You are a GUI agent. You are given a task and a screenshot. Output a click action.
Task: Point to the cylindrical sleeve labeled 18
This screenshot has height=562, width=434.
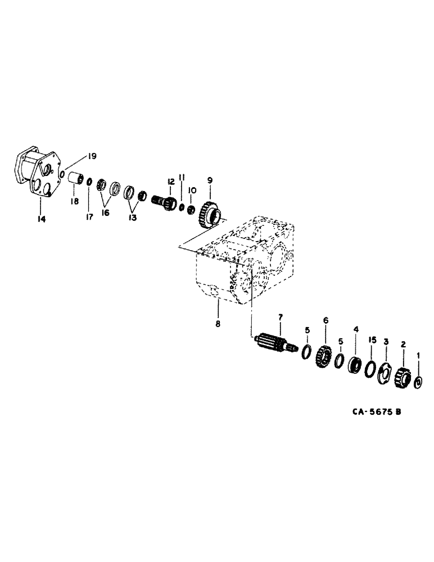[75, 179]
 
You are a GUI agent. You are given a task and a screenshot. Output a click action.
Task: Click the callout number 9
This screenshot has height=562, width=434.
[210, 180]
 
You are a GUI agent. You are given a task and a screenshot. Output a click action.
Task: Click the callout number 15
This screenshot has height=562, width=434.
[372, 340]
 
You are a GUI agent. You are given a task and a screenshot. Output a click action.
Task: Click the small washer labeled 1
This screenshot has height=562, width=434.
[418, 383]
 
